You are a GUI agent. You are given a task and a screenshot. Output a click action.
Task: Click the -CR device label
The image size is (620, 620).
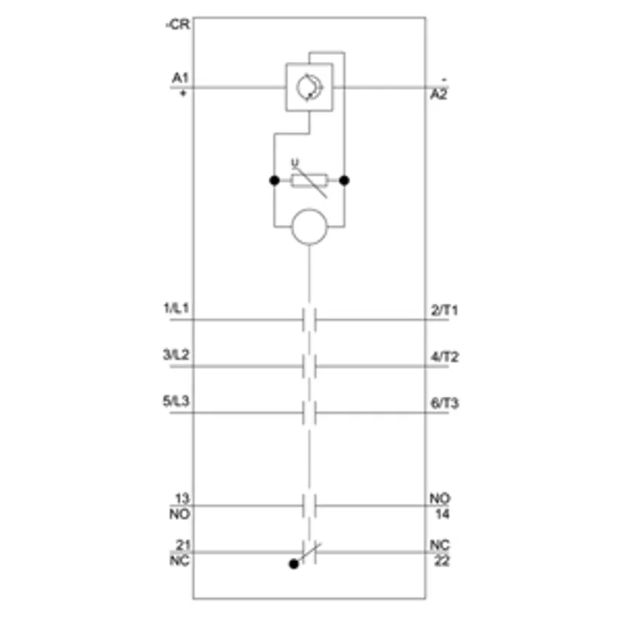[177, 25]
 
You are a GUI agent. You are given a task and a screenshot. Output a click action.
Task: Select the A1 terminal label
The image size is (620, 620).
[180, 78]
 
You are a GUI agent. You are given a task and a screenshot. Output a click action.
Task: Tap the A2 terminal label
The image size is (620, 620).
[439, 94]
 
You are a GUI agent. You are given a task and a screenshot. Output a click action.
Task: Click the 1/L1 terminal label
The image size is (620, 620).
[177, 308]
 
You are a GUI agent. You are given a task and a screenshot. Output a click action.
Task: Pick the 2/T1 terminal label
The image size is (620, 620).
[445, 310]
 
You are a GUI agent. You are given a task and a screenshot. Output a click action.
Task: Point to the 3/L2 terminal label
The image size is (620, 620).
[177, 355]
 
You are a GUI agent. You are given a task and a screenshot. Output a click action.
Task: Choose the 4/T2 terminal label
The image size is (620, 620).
[445, 356]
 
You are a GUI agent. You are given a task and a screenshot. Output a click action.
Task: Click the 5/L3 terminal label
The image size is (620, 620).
[177, 401]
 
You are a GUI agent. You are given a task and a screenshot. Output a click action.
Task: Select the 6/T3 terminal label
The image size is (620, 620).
[445, 403]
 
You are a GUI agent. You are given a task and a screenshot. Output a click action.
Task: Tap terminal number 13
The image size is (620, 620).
[182, 498]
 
